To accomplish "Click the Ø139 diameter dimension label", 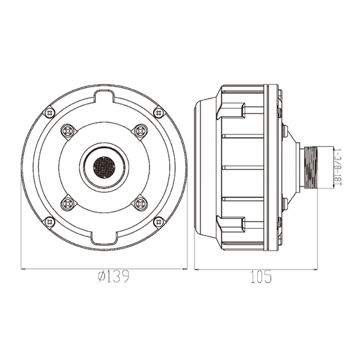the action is coord(113,277).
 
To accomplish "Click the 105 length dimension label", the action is coord(261,277).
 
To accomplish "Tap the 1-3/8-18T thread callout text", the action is coord(337,167).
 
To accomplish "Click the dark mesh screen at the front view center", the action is coord(104,167).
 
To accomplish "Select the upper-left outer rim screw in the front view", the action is coord(49,113).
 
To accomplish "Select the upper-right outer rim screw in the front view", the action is coord(159,113).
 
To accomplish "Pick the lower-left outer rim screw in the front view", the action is coord(49,222).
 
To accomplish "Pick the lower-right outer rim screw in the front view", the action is coord(159,222).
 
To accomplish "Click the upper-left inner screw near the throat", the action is coord(68,131).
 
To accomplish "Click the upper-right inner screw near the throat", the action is coord(140,131).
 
